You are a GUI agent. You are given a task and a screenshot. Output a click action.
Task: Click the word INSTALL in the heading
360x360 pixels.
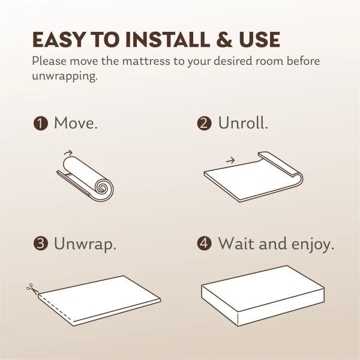click(167, 40)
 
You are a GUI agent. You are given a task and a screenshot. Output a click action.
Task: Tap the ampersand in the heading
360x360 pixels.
click(224, 40)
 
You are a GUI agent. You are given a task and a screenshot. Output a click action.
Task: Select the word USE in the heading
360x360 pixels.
click(259, 40)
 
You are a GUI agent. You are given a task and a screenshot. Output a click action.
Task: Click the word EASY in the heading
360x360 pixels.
click(59, 40)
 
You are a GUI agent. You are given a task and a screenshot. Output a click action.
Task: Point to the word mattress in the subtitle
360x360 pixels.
click(146, 61)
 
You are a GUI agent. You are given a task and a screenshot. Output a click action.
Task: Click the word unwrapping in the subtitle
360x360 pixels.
click(65, 76)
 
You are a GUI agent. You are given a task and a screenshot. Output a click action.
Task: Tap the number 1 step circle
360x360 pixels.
click(41, 123)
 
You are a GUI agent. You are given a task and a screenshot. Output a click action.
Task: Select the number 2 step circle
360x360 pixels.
click(204, 123)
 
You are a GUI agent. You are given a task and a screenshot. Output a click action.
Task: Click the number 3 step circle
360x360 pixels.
click(41, 244)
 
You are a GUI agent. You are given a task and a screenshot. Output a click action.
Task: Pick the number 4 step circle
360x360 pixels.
click(204, 244)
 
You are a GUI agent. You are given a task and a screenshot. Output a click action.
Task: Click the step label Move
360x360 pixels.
click(76, 123)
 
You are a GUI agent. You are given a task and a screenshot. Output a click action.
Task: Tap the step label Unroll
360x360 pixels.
click(243, 122)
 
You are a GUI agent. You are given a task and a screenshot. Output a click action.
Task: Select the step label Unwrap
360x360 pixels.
click(85, 244)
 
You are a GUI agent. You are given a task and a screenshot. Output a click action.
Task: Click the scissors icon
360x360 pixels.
click(32, 288)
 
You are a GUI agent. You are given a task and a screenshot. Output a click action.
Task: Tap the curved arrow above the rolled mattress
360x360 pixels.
click(68, 152)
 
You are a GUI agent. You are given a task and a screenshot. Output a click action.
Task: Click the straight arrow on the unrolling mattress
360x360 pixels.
click(230, 160)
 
